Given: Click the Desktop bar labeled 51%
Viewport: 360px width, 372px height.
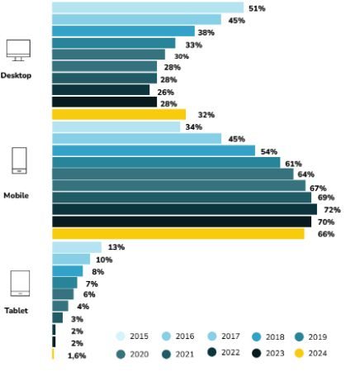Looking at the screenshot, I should pos(148,7).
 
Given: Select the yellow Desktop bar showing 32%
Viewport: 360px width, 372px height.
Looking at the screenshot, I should pos(118,114).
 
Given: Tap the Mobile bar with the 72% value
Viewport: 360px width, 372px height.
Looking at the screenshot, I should pos(184,210).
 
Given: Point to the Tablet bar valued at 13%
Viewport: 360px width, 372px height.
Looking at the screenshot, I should pos(76,247).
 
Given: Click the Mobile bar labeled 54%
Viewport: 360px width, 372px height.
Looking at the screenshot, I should pos(154,150).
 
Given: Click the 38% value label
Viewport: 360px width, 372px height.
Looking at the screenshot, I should pos(206,32).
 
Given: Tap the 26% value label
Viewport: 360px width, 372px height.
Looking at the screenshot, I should pos(165,92).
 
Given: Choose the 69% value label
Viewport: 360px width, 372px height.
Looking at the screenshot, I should pos(325,198).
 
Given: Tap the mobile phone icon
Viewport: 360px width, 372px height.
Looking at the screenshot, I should pos(18,160).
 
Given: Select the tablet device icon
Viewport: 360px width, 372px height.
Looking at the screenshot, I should pos(19,284).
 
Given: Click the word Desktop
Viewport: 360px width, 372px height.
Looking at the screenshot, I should pos(16,75).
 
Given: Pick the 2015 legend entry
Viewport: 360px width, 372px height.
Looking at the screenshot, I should pos(135,336).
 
